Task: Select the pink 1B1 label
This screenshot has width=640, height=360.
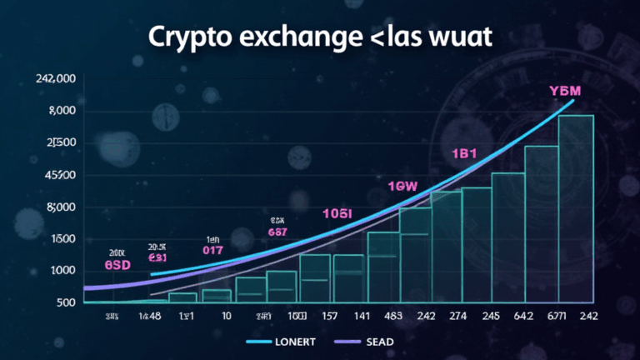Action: [464, 154]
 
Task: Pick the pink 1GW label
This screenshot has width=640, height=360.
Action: [402, 187]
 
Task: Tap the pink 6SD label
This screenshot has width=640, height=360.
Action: [119, 264]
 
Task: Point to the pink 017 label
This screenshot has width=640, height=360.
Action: [213, 248]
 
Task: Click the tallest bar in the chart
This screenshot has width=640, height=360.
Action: [576, 208]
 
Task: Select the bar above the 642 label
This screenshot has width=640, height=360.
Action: [542, 223]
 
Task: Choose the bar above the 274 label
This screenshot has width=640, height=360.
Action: [477, 244]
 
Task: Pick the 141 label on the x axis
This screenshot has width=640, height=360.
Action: [360, 317]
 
